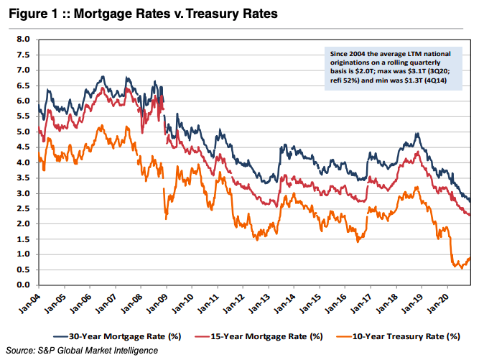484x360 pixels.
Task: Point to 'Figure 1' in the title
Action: [x=31, y=14]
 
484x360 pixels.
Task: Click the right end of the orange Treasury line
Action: [x=470, y=258]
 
